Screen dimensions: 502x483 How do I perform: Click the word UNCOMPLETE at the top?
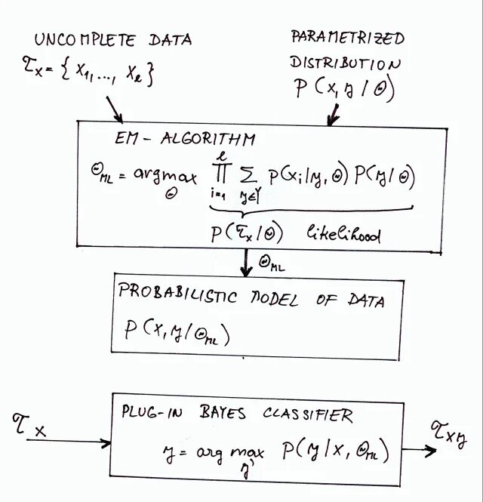(x=73, y=40)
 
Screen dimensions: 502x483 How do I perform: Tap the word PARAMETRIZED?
(x=347, y=38)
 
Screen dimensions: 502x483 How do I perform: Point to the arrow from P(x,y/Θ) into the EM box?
(x=333, y=113)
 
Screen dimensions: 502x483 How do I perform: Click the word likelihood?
(x=343, y=236)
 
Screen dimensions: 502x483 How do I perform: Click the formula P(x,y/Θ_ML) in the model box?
(x=177, y=334)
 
